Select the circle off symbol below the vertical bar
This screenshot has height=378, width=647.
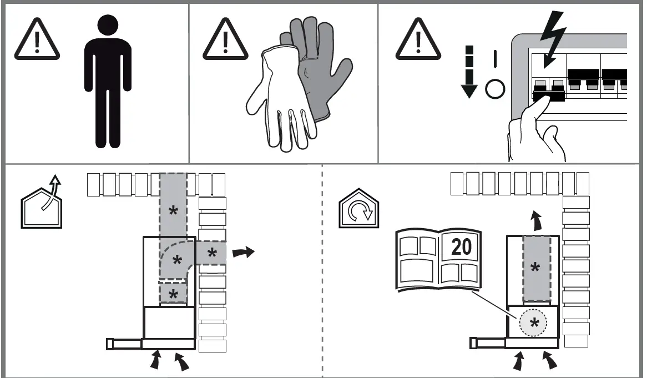(496, 88)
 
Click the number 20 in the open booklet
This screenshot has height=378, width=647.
(461, 246)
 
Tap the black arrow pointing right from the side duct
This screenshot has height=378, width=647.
(244, 253)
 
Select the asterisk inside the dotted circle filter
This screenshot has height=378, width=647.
(533, 323)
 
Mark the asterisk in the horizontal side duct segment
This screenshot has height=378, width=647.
(212, 253)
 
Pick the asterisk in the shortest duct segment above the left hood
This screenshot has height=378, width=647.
(173, 295)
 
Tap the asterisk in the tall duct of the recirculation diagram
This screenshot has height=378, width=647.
(535, 268)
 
